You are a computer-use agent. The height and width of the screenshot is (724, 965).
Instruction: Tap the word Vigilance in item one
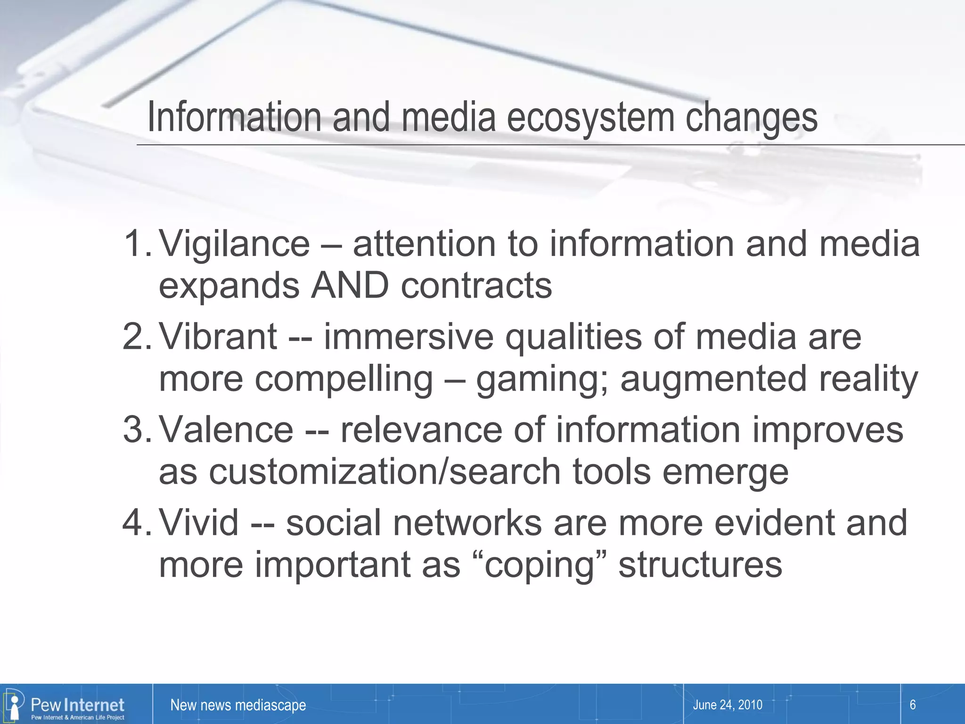click(x=234, y=244)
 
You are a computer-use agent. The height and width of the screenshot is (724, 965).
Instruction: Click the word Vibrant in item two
click(x=218, y=337)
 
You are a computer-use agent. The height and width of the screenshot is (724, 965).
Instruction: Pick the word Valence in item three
click(x=226, y=430)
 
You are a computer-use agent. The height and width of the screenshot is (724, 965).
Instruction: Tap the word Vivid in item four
click(x=198, y=523)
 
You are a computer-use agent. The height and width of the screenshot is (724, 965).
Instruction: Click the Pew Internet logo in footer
click(x=66, y=706)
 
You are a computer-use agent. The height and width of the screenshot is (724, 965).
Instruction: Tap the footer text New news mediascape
click(x=238, y=705)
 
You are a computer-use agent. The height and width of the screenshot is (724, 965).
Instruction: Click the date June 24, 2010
click(x=728, y=705)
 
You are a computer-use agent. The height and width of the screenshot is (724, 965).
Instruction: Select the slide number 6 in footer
click(x=912, y=705)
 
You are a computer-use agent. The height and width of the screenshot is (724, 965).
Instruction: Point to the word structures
click(x=700, y=565)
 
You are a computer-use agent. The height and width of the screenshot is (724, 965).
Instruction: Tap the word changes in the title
click(x=752, y=118)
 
